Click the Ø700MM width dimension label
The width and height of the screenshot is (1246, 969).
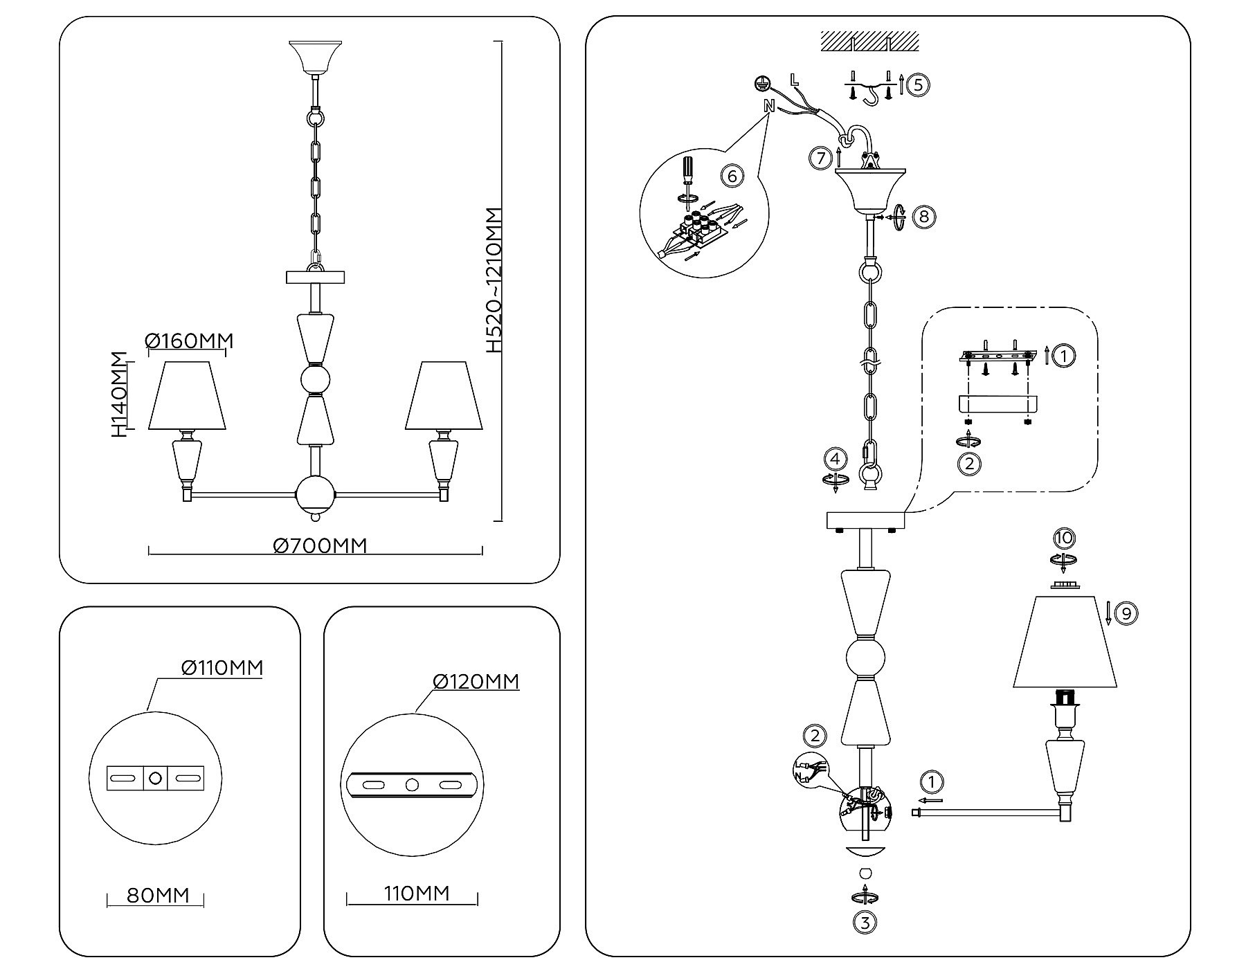320,546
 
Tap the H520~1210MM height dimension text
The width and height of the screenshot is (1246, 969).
494,280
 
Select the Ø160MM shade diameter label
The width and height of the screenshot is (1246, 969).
190,341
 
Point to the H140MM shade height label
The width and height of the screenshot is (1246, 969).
120,395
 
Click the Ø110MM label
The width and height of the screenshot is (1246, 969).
222,668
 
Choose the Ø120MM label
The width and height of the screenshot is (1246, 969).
476,682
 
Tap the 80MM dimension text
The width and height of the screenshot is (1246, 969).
158,895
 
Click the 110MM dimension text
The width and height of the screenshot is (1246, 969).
416,894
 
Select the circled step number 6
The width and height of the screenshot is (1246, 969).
732,176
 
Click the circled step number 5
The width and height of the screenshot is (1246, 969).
918,85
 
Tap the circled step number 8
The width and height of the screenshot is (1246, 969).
923,217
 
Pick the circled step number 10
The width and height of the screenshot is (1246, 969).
1064,538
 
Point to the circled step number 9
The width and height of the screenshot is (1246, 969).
1126,613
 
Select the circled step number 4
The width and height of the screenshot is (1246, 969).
836,459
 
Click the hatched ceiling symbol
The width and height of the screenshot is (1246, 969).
870,42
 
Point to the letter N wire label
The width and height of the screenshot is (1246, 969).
768,106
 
